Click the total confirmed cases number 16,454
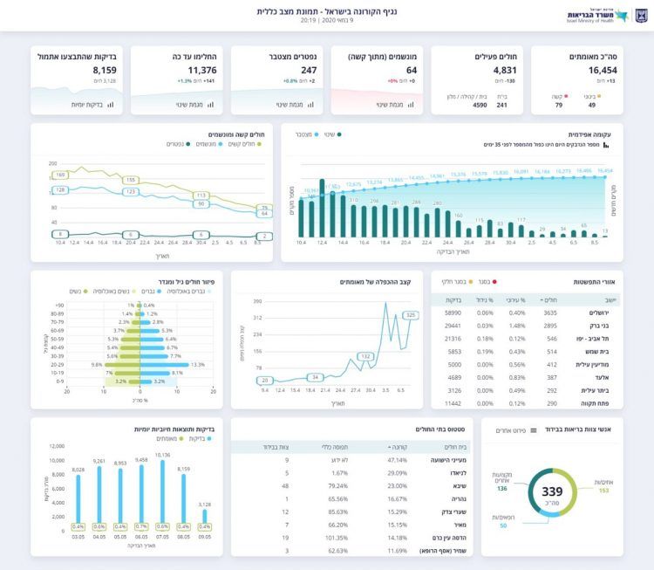(x=603, y=70)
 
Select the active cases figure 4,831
(x=505, y=70)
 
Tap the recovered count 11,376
(x=202, y=70)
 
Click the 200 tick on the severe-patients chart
(x=52, y=163)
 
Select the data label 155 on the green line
(x=131, y=179)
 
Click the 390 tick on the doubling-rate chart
(x=257, y=301)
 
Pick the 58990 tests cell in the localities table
(x=453, y=312)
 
